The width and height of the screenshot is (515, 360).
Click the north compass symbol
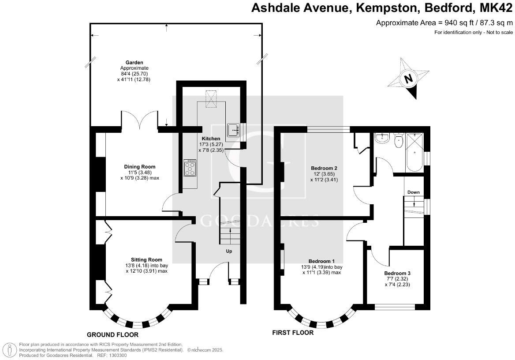408,79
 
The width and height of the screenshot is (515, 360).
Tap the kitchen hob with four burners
190,168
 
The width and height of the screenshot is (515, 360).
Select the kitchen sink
233,130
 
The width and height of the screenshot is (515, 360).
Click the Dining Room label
139,167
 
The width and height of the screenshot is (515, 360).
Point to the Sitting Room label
146,259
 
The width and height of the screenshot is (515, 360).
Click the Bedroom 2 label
324,168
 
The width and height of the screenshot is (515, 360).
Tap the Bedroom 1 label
321,260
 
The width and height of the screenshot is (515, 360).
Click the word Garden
134,63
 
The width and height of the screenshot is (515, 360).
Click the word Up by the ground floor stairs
229,251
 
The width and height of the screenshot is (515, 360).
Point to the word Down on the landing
413,192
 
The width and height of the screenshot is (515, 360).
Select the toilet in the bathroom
399,141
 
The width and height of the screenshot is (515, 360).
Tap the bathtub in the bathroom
414,153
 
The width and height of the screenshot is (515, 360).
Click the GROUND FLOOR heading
112,334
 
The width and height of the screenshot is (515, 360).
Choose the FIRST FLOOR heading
293,333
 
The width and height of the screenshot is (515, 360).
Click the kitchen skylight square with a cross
212,99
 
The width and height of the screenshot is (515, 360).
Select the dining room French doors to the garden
140,120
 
